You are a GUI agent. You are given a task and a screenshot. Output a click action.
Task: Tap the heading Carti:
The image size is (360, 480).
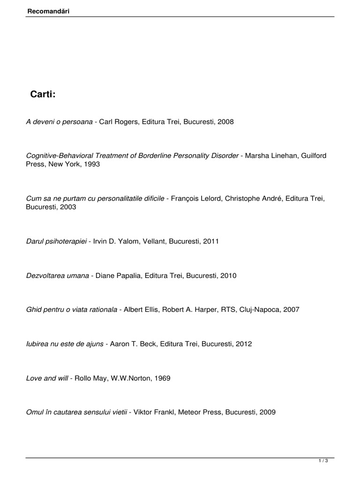43,94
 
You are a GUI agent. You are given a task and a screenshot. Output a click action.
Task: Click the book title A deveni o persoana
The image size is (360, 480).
59,121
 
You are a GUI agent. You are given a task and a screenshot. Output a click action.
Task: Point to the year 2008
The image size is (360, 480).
225,121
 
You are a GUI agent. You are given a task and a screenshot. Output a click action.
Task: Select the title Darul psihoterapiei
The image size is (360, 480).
57,241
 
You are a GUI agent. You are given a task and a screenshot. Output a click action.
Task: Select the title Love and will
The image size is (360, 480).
47,378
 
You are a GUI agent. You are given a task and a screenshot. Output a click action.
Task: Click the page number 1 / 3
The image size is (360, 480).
323,462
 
